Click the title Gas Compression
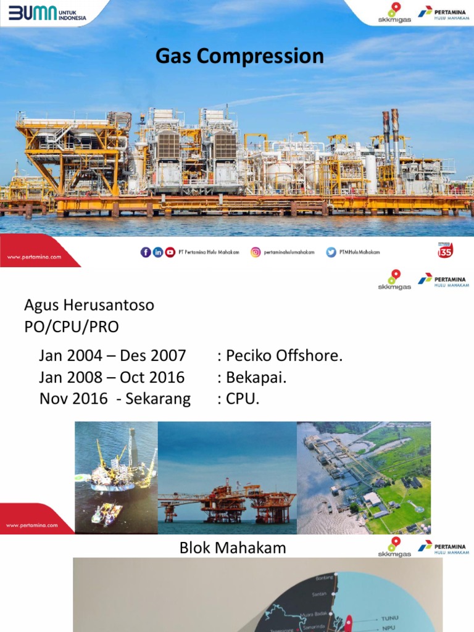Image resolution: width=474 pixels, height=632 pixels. (239, 56)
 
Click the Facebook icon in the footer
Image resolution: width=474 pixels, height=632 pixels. (146, 252)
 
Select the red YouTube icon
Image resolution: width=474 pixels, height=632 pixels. (170, 252)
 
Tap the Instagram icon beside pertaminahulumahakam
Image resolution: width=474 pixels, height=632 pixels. (256, 252)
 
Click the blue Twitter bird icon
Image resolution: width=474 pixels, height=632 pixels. (331, 252)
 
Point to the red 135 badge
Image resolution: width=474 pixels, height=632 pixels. (445, 250)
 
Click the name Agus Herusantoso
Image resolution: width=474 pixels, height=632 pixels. (89, 305)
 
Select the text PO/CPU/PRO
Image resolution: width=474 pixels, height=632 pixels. (71, 327)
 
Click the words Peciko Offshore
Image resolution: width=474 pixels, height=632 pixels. (284, 355)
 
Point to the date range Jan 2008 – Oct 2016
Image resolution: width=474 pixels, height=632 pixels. (112, 377)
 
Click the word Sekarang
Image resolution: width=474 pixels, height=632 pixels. (158, 399)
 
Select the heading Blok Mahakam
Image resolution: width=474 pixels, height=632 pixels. (233, 547)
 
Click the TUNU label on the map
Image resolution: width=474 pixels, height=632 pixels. (390, 617)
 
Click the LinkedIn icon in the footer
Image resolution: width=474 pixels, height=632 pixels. (158, 252)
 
